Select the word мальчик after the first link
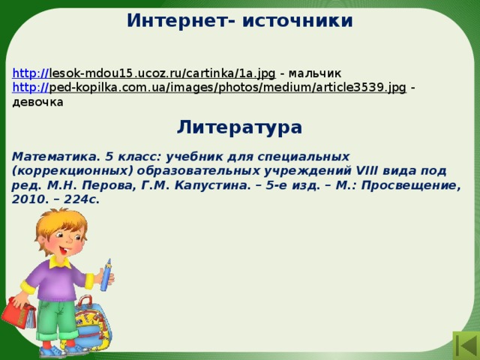[x=315, y=73]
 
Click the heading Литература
[x=239, y=127]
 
